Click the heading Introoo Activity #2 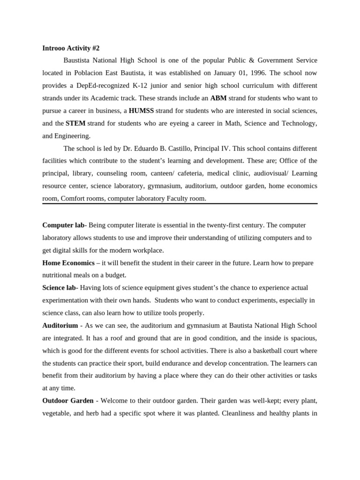point(71,48)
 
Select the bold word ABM point(218,98)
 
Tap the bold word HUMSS point(141,111)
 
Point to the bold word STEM point(75,123)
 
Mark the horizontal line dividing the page point(180,203)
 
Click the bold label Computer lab point(63,225)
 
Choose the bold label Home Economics point(68,263)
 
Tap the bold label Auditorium point(60,325)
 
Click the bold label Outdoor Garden point(68,401)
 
